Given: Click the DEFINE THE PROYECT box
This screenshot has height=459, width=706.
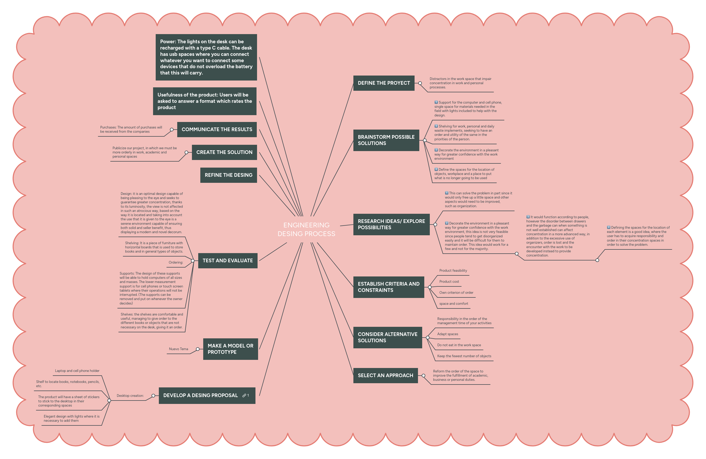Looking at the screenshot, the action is (x=384, y=83).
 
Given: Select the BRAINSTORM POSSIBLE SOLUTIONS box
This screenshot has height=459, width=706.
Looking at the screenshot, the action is (x=386, y=140).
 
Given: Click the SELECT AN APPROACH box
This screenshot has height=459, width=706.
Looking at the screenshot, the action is (x=385, y=375).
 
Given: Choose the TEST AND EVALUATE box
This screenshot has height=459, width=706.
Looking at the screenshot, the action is (x=228, y=260).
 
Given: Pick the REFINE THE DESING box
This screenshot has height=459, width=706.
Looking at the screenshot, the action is (x=228, y=175).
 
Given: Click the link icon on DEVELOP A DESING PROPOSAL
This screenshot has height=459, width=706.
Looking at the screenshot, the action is (x=244, y=396).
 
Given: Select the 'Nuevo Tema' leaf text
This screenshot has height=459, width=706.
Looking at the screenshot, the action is (x=178, y=349).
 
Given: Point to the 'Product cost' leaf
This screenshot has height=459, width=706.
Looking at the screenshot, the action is (x=449, y=281).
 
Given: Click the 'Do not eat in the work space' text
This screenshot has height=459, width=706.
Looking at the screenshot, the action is (x=459, y=345).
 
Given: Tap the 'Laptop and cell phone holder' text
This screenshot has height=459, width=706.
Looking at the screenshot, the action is (x=77, y=371).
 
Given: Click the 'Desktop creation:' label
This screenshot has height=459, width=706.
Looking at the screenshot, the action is (x=130, y=396).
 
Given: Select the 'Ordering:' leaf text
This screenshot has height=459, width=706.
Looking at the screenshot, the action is (x=176, y=262).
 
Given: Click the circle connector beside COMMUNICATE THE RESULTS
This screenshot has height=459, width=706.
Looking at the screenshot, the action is (x=172, y=130).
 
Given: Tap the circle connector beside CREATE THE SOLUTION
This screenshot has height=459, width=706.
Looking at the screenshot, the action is (x=186, y=152).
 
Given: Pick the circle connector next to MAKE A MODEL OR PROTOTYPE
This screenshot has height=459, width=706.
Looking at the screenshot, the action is (x=197, y=349).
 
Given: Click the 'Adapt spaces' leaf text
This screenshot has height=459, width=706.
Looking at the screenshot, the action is (x=447, y=334).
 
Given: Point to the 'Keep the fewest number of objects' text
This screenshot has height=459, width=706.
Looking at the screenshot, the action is (x=464, y=356).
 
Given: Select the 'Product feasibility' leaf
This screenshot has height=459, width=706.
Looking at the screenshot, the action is (x=453, y=270).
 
